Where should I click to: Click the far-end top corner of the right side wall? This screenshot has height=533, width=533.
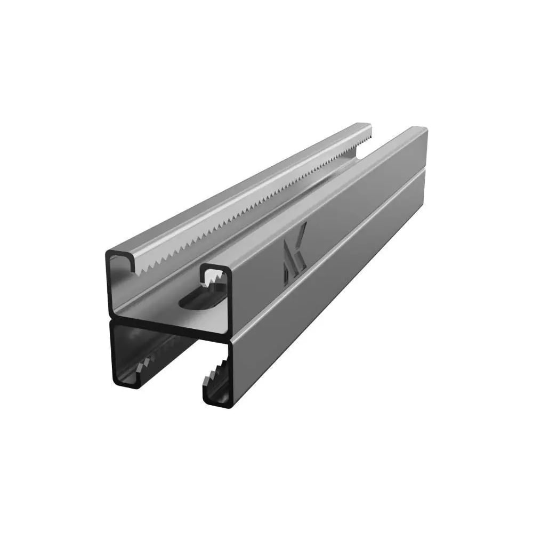[426, 130]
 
